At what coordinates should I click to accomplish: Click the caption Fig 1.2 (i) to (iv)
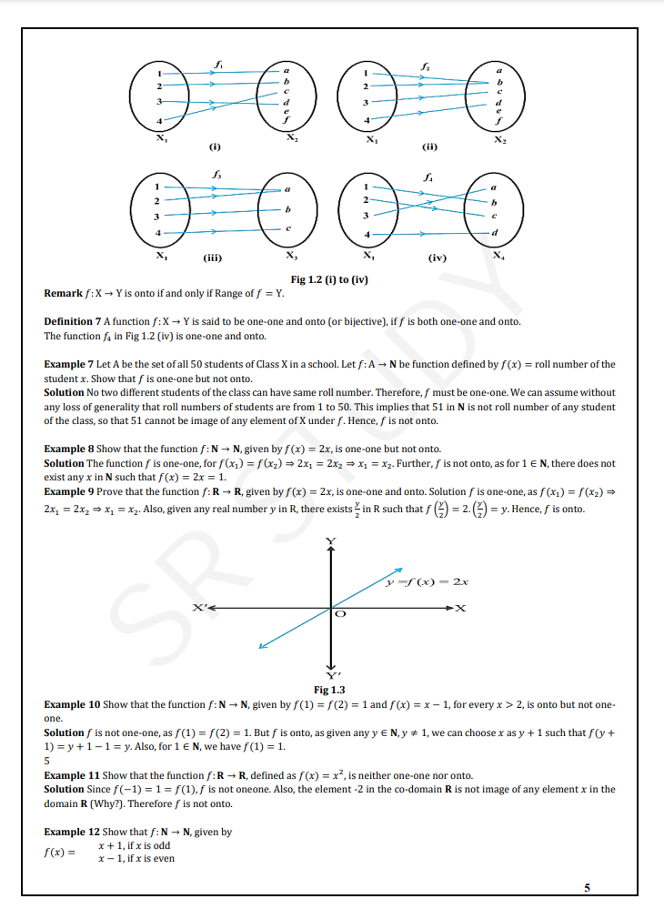tap(328, 278)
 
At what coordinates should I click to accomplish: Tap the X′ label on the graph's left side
tap(197, 607)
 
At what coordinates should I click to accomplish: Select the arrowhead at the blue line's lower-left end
tap(261, 648)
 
